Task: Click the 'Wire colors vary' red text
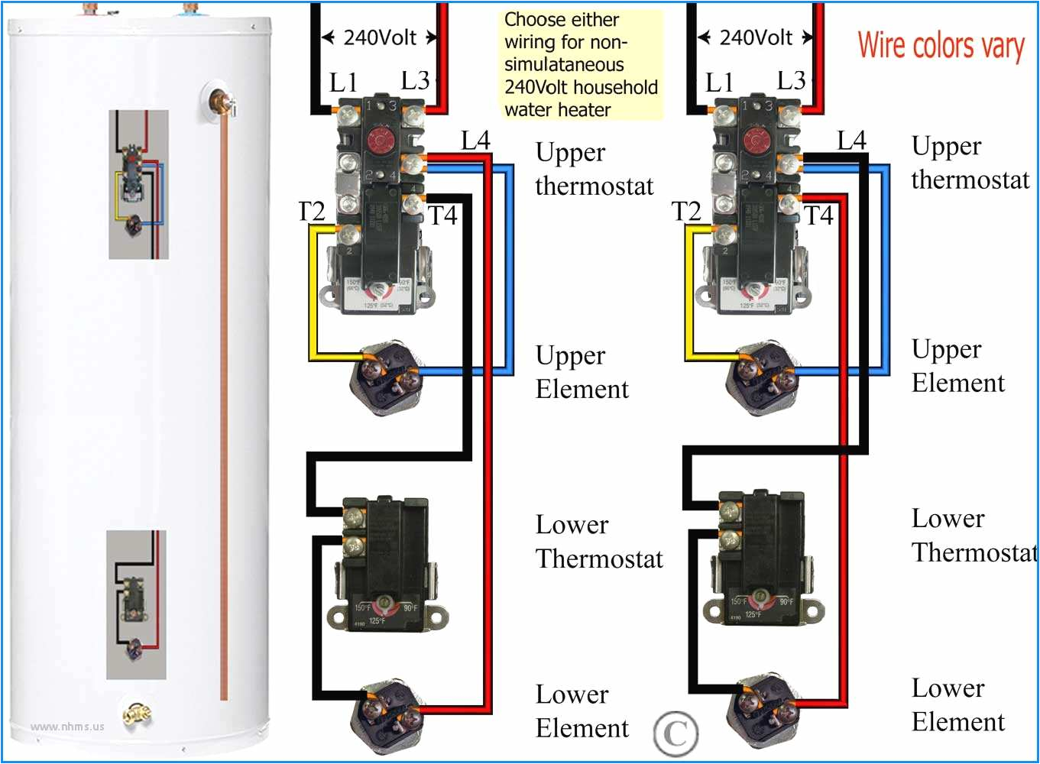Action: tap(941, 46)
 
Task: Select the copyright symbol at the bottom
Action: tap(676, 734)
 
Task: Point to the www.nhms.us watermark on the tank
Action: tap(67, 727)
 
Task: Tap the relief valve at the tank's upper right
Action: tap(221, 102)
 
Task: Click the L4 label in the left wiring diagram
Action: tap(475, 141)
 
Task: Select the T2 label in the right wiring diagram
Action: tap(686, 211)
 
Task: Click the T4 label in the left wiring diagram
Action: tap(442, 216)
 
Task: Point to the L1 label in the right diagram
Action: tap(719, 83)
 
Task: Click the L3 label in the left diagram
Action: tap(415, 80)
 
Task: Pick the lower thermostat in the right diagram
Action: tap(760, 554)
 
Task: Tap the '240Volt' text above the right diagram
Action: tap(756, 37)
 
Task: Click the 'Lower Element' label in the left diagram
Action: tap(582, 711)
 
